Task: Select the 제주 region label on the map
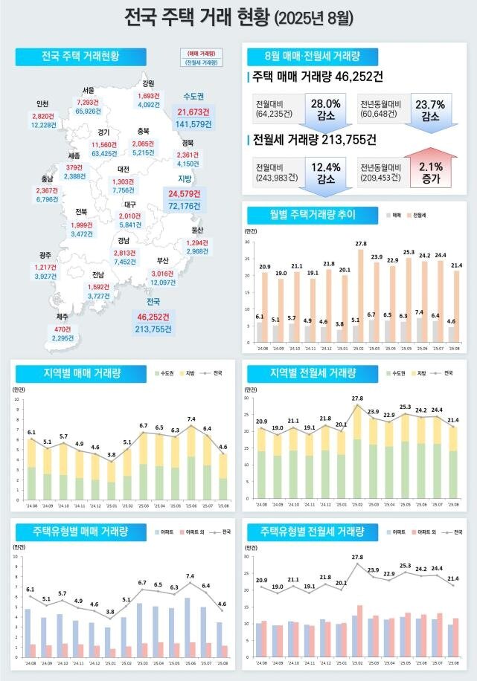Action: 62,317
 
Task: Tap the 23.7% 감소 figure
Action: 430,109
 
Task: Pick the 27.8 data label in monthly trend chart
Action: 361,244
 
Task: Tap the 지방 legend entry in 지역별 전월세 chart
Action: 421,373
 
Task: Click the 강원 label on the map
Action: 148,83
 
